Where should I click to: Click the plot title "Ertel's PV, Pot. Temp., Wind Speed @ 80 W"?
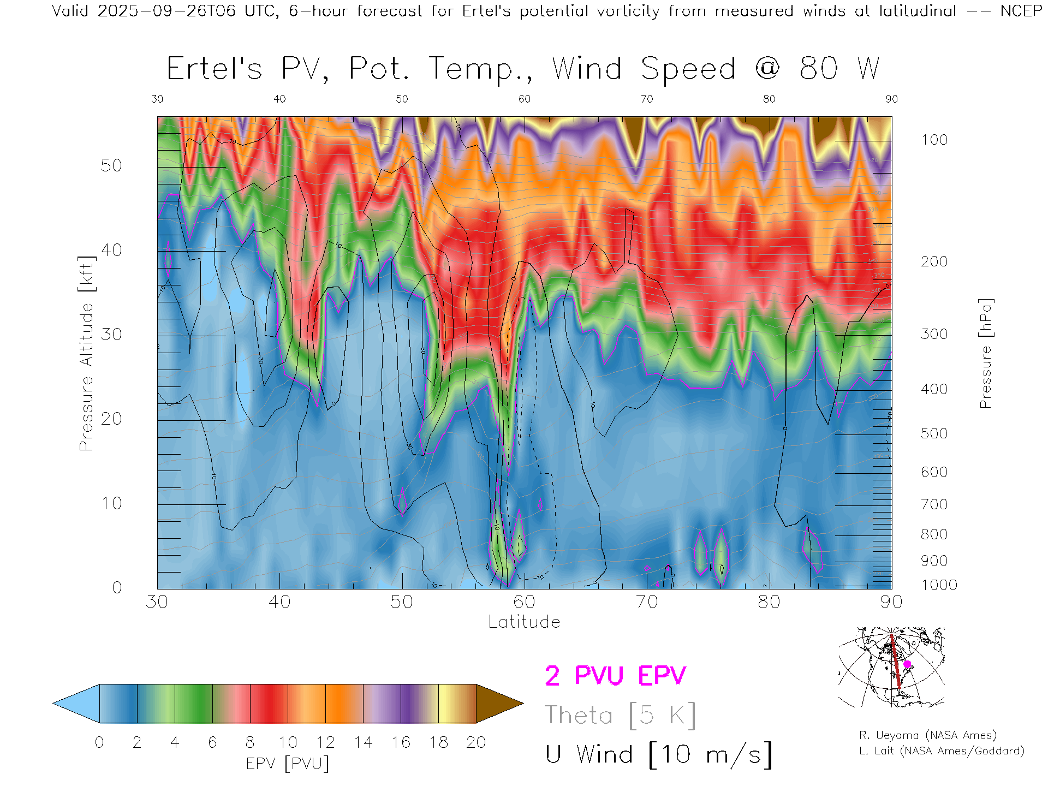[523, 69]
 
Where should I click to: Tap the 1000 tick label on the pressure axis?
[939, 585]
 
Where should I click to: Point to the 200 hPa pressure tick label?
[934, 261]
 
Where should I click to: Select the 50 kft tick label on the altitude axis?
[111, 165]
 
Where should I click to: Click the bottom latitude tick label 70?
[646, 602]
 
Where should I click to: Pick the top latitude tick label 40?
[279, 99]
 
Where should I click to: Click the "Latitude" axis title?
[524, 622]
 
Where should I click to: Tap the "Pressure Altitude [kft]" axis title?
[86, 353]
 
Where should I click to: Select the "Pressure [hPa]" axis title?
[985, 353]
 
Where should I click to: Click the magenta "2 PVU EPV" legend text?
[615, 676]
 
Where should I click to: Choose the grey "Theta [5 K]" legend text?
[620, 715]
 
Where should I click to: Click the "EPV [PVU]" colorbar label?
[288, 764]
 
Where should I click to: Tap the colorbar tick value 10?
[288, 742]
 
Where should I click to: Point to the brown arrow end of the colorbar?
[498, 704]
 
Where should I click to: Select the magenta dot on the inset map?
[907, 664]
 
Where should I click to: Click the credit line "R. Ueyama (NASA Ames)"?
[927, 735]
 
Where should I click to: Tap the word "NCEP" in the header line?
[1021, 11]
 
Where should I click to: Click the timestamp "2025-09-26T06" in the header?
[166, 11]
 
